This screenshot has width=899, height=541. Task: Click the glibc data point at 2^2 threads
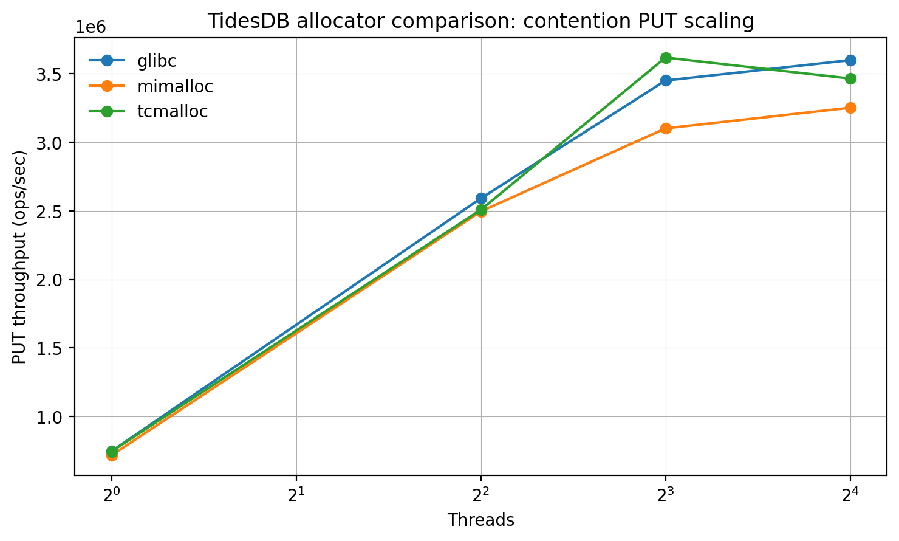pyautogui.click(x=481, y=198)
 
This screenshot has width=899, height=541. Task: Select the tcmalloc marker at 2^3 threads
pyautogui.click(x=666, y=58)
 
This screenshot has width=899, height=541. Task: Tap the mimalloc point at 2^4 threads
pyautogui.click(x=850, y=108)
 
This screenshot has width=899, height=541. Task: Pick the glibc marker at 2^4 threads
pyautogui.click(x=850, y=60)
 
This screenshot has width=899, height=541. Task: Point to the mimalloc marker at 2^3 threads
pyautogui.click(x=666, y=128)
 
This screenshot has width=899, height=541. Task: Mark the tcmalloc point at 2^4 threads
pyautogui.click(x=850, y=78)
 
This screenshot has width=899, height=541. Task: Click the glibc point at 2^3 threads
pyautogui.click(x=666, y=80)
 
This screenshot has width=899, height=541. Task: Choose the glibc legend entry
pyautogui.click(x=157, y=60)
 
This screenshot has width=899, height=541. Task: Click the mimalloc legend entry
pyautogui.click(x=175, y=86)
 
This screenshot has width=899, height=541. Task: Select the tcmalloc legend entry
pyautogui.click(x=173, y=112)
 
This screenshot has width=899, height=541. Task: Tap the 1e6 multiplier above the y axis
pyautogui.click(x=91, y=27)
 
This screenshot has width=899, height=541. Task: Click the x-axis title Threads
pyautogui.click(x=481, y=520)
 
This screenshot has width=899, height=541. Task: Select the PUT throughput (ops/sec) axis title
pyautogui.click(x=20, y=257)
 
